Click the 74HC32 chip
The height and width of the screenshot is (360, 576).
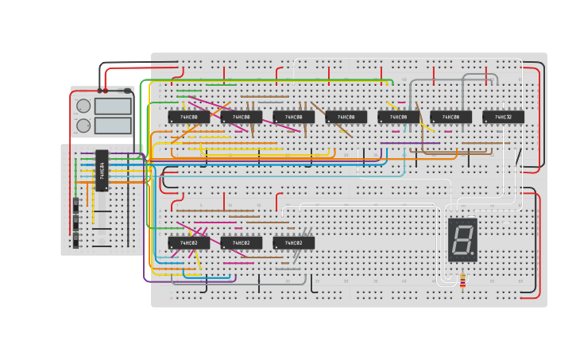503,117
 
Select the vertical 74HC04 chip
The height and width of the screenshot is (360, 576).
102,170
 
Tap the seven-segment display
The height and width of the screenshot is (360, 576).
462,239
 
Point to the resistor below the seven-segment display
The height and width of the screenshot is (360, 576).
462,281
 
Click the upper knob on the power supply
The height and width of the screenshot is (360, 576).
83,106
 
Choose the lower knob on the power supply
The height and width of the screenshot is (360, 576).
83,126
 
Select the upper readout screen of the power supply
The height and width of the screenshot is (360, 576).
113,106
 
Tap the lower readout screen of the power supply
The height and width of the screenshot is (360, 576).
113,126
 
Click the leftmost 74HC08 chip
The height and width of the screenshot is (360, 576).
189,117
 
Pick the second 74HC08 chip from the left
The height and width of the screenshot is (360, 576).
242,117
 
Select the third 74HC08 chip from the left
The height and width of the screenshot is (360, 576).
294,117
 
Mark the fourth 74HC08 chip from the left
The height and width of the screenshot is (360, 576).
346,117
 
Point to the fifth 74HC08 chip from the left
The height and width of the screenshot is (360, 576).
399,117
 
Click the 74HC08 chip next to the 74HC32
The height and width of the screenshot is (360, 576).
450,117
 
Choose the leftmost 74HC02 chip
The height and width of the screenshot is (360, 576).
189,242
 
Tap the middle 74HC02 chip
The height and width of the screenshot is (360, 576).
242,242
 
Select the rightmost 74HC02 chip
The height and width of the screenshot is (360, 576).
294,242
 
